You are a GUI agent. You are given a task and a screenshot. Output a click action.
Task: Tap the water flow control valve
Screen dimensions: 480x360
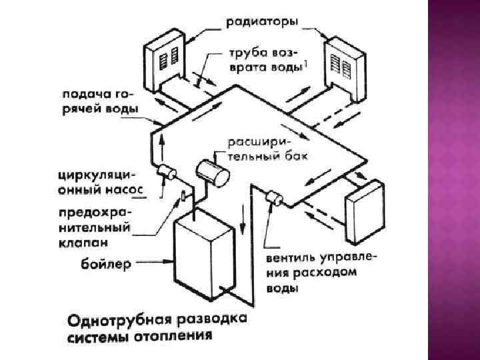pos(273,198)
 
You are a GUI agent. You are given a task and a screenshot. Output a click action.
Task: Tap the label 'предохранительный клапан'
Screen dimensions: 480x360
pos(96,226)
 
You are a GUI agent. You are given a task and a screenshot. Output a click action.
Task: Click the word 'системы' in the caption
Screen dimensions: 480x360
pos(97,337)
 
